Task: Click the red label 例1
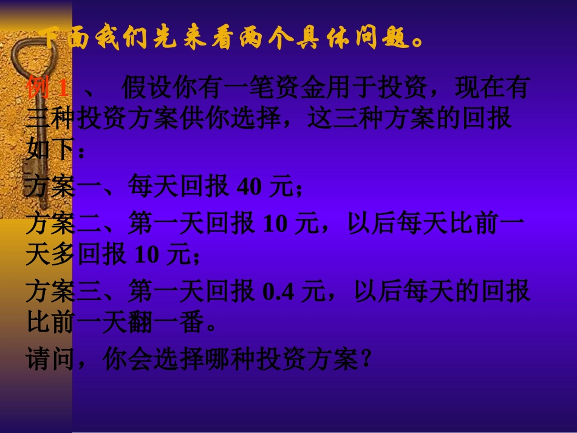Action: pyautogui.click(x=47, y=89)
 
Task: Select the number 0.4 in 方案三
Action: pyautogui.click(x=278, y=293)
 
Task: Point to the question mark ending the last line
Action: pyautogui.click(x=365, y=362)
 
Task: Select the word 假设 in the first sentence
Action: pyautogui.click(x=147, y=89)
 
